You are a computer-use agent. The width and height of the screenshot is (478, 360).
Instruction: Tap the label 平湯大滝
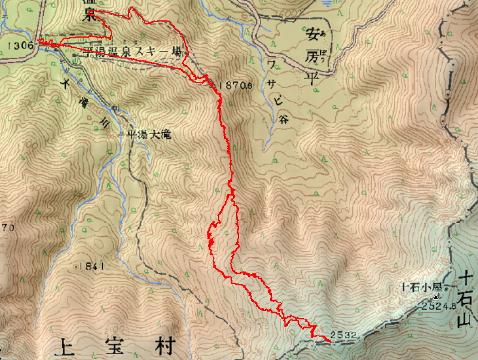pyautogui.click(x=146, y=135)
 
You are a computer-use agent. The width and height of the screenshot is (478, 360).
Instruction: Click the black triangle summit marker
pyautogui.click(x=436, y=297)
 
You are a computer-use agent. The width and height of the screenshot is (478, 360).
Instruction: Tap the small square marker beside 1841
pyautogui.click(x=76, y=265)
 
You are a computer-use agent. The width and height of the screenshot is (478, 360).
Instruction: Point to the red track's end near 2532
pyautogui.click(x=330, y=341)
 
